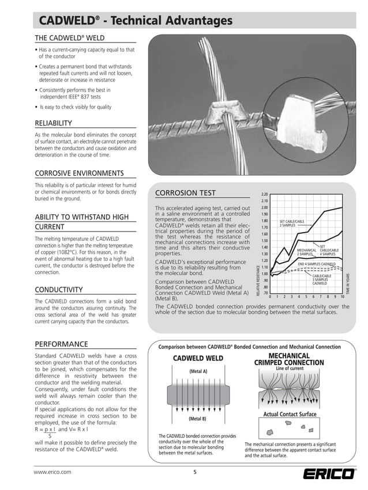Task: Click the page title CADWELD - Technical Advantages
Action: coord(136,21)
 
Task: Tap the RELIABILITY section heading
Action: coord(53,123)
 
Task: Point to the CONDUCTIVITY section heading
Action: coord(59,289)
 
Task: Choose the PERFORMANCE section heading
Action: coord(61,344)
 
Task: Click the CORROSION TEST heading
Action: coord(186,193)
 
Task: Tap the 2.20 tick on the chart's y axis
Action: coord(264,195)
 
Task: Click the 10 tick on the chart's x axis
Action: coord(343,297)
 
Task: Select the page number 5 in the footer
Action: coord(194,472)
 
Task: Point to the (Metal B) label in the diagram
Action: coord(198,419)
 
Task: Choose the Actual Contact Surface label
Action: coord(290,414)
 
